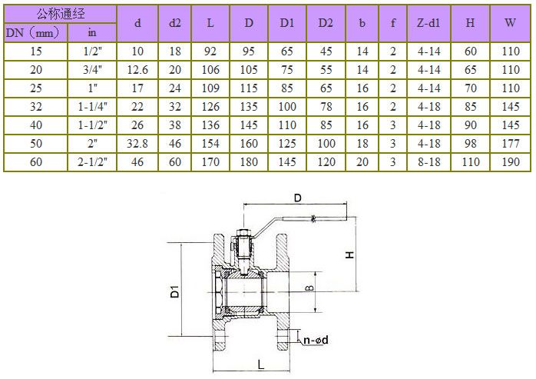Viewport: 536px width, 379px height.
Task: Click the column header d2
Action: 174,23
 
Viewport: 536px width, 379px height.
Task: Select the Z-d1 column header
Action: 428,23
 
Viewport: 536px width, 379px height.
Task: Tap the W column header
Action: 510,22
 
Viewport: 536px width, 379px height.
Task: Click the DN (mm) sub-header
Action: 33,33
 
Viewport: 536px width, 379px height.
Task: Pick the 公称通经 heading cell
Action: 61,14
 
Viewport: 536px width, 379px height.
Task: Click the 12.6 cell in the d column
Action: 137,70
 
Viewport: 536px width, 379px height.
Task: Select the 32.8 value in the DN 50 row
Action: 137,144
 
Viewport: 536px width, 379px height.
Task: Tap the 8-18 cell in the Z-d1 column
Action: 428,161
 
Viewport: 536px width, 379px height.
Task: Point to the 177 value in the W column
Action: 511,144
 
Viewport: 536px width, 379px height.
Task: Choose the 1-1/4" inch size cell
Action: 92,107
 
